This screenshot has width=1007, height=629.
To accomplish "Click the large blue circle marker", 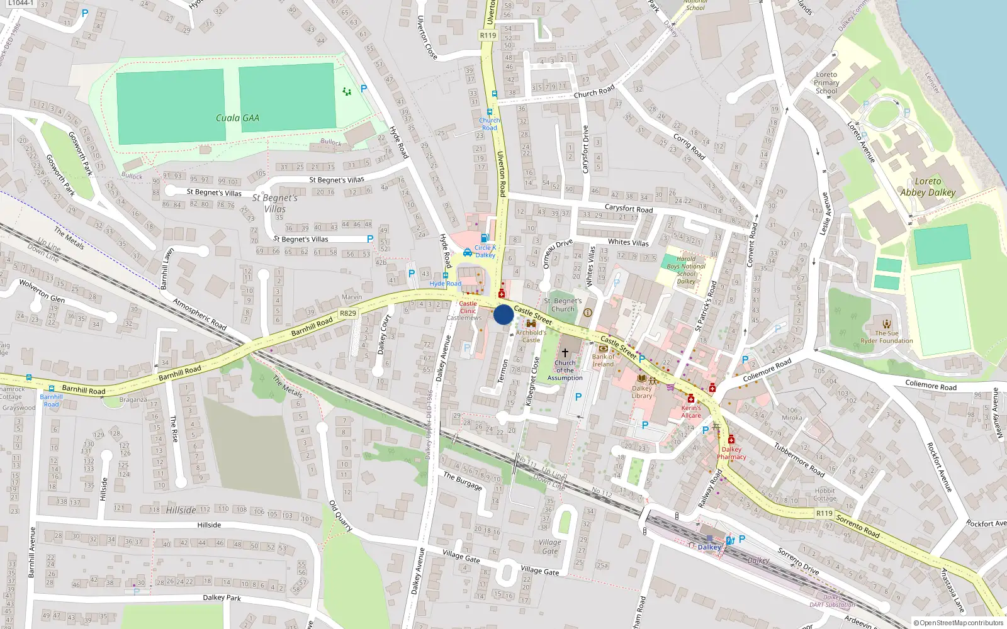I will point(503,314).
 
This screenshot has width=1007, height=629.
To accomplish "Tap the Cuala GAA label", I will point(237,118).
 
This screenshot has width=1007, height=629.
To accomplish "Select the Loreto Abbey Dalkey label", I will point(928,187).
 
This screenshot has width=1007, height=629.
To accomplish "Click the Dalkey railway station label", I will point(709,547).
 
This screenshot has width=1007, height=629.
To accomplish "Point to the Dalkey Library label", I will point(642,392).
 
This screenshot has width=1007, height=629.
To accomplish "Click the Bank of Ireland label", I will point(603,360).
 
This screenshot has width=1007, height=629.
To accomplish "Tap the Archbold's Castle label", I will point(531,336).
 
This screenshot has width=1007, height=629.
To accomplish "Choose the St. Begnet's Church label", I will point(563,305).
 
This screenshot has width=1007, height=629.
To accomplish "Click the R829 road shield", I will point(348,313).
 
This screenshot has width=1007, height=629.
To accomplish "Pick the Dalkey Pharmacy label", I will point(731,453).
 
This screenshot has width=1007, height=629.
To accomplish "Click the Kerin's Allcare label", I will point(691,411).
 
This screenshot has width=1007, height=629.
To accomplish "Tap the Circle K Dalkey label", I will point(485,251).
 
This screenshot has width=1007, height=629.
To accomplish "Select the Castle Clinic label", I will point(468,307).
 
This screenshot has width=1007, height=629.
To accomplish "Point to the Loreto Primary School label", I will point(826,82).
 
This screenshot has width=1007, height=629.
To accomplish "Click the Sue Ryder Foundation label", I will point(886,337).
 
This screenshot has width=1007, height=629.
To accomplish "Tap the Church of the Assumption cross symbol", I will point(565,352).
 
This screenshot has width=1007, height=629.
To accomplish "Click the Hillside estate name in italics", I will point(181,510).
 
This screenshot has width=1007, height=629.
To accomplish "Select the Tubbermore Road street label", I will point(799,460).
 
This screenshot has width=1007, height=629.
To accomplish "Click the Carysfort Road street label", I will point(628,208).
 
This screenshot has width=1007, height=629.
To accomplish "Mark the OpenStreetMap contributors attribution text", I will point(958,623).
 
